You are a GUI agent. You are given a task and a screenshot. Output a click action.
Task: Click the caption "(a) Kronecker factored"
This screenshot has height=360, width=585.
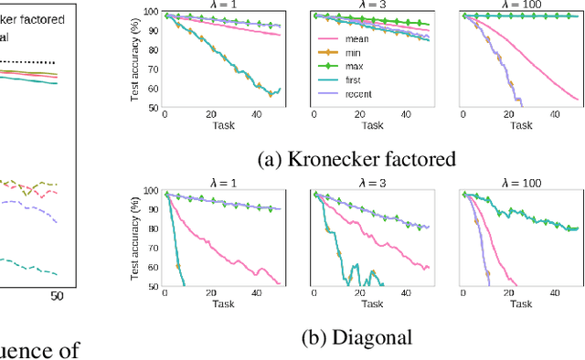356,159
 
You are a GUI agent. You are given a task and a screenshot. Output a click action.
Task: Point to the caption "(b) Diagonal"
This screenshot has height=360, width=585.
356,337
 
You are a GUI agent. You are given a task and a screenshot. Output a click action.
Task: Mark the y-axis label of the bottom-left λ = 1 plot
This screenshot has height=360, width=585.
134,239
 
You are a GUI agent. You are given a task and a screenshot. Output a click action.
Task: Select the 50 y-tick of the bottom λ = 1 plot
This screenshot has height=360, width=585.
153,286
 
